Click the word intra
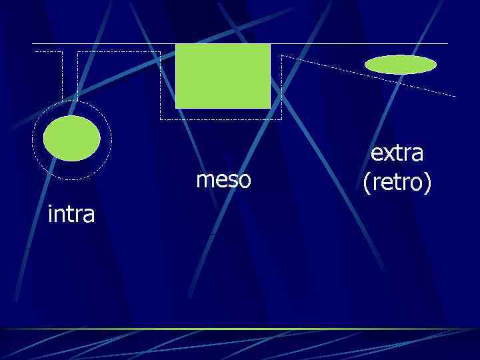[x=71, y=215]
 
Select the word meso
[x=224, y=179]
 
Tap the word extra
[x=397, y=153]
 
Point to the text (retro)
[x=397, y=181]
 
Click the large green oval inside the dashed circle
[x=72, y=138]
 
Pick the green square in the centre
[x=223, y=75]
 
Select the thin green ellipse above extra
[x=401, y=64]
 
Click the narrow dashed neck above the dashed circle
[x=70, y=77]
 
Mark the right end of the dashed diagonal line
[x=455, y=97]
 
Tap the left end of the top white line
[x=33, y=44]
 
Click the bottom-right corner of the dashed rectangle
[x=281, y=119]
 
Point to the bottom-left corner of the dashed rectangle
[x=161, y=119]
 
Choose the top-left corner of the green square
[x=176, y=45]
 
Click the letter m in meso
[x=204, y=180]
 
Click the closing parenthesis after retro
[x=428, y=182]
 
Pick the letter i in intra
[x=51, y=214]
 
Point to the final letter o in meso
[x=245, y=180]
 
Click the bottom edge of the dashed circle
[x=72, y=179]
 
